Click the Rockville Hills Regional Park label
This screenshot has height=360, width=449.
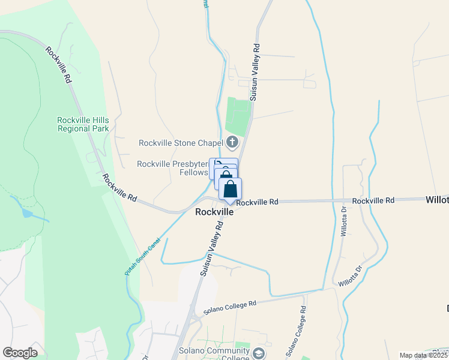coord(83,124)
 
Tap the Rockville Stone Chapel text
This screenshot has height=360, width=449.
coord(181,143)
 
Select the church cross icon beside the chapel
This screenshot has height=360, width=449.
coord(232,142)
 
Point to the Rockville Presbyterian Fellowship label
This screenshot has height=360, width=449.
coord(172,168)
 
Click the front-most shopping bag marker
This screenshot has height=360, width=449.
coord(230,189)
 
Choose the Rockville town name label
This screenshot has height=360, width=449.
coord(214,212)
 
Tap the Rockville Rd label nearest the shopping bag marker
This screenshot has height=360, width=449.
coord(257,203)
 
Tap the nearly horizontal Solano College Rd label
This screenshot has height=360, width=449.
coord(230,307)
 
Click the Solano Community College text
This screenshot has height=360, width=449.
coord(214,355)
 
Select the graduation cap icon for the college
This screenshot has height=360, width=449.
coord(259,353)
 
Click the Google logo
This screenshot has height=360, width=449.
coord(20,353)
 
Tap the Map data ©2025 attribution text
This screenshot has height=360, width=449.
coord(424,355)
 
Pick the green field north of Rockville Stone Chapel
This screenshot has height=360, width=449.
coord(238,115)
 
